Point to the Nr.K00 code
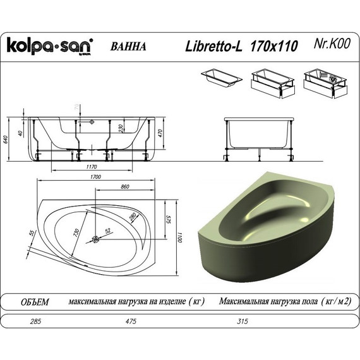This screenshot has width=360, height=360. click(332, 45)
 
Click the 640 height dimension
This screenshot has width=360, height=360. click(7, 140)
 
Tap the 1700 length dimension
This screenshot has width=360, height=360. click(96, 177)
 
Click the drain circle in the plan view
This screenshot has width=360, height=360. click(96, 239)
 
